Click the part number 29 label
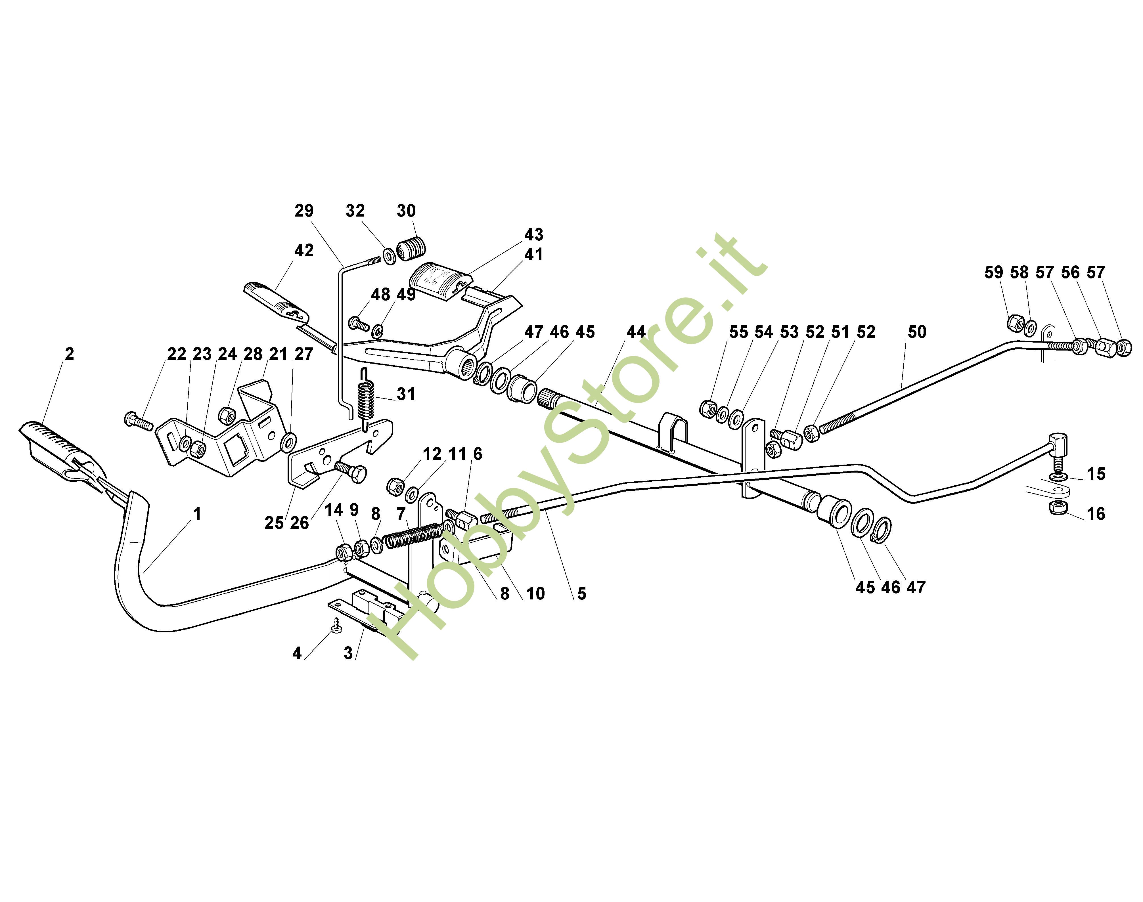point(304,211)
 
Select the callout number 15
point(1096,474)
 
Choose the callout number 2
point(69,354)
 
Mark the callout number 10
point(535,593)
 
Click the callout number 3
point(348,653)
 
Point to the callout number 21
point(278,354)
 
